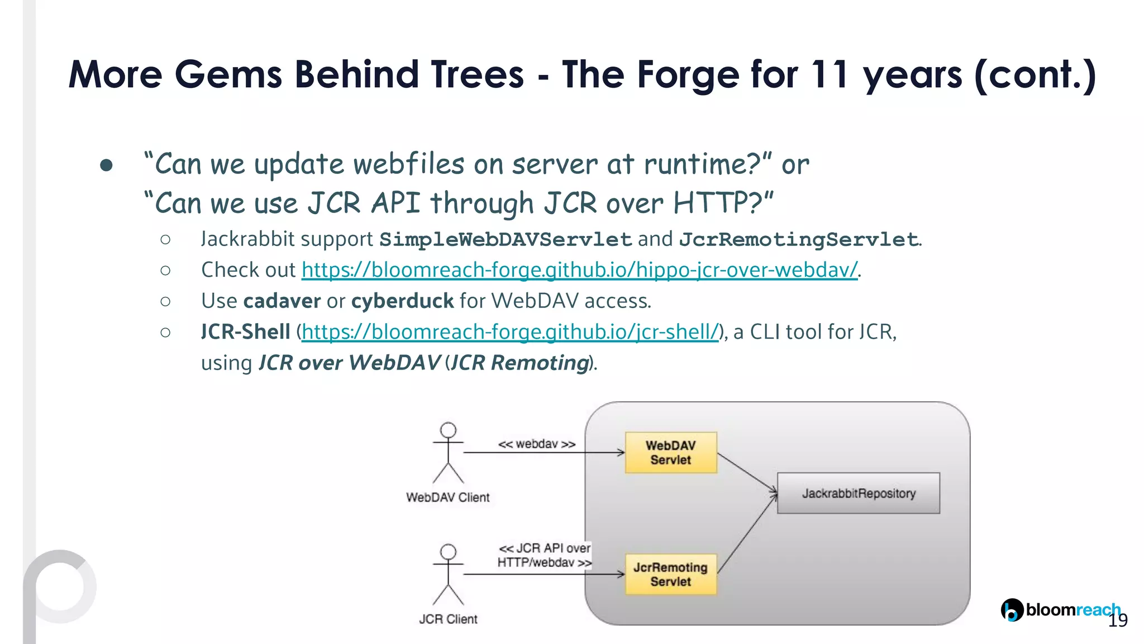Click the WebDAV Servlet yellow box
point(670,452)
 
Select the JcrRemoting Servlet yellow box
point(670,574)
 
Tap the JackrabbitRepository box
point(858,493)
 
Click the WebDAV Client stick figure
point(448,453)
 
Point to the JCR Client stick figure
point(448,575)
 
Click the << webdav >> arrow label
point(536,444)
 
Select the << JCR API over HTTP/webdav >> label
point(544,555)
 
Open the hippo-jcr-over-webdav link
point(579,270)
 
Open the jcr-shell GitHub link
point(510,332)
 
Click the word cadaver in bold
point(282,301)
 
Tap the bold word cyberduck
point(402,301)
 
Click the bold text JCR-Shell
point(245,332)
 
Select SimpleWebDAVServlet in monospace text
point(505,240)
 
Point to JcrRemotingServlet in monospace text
point(798,240)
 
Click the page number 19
point(1118,621)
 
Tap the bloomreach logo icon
point(1012,610)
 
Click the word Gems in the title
point(228,74)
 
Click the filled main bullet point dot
point(106,165)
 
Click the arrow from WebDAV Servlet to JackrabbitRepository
point(747,473)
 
